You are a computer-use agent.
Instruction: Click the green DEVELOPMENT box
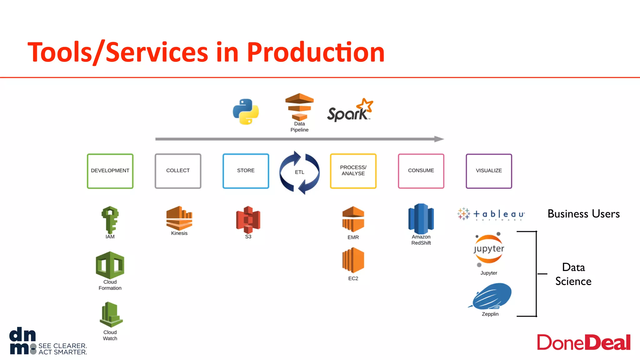[110, 171]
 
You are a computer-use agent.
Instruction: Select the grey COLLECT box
[178, 171]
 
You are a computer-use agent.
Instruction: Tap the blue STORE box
[246, 171]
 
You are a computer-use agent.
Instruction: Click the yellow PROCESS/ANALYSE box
[353, 171]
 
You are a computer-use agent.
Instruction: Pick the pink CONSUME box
[421, 171]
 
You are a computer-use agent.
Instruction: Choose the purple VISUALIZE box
[489, 171]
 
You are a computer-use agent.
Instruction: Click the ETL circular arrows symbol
[299, 172]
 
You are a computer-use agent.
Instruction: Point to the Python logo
[246, 112]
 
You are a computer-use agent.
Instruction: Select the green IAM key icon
[110, 219]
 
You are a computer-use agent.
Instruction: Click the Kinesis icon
[179, 218]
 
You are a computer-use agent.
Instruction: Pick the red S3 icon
[248, 219]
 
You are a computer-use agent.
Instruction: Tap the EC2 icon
[353, 260]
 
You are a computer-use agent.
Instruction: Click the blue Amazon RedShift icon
[421, 219]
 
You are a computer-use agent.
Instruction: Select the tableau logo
[491, 214]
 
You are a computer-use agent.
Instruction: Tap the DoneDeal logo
[583, 342]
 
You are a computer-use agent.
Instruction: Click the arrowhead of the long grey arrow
[439, 139]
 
